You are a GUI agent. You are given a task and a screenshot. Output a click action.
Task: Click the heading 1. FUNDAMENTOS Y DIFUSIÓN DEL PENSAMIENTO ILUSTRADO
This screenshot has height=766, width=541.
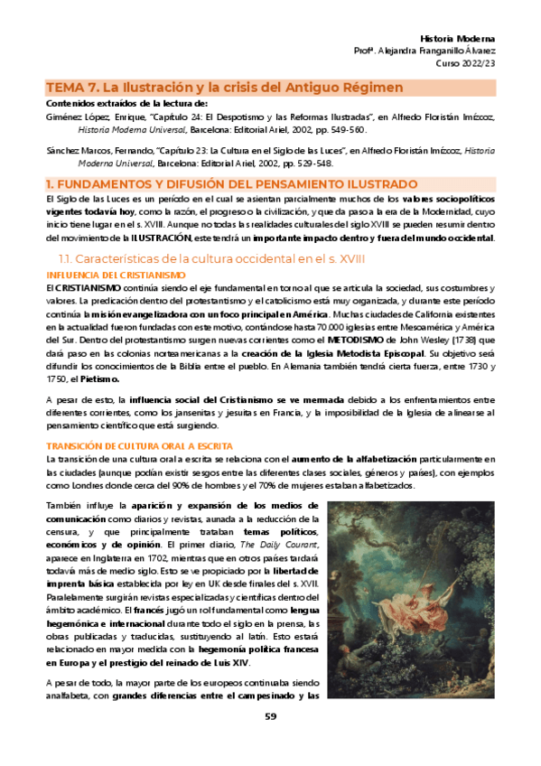231,183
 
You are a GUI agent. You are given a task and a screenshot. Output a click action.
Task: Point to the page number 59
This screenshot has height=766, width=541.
270,742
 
